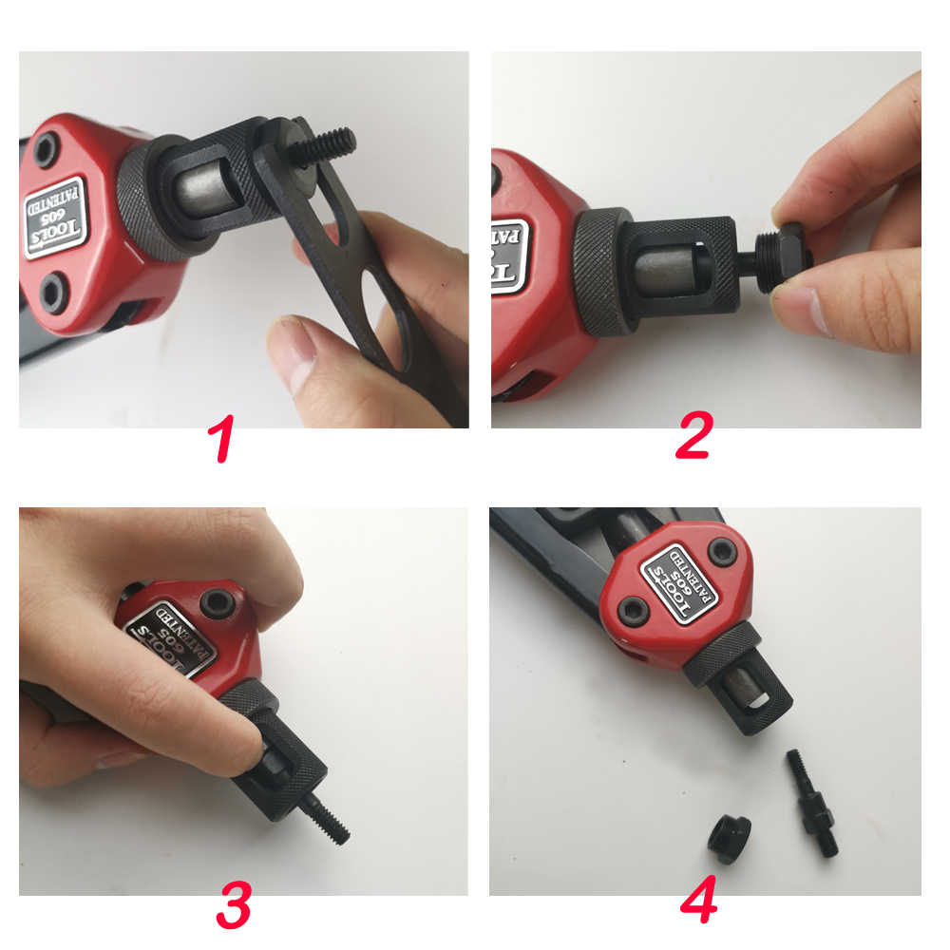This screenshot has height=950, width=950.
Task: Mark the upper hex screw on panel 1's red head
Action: point(45,146)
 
